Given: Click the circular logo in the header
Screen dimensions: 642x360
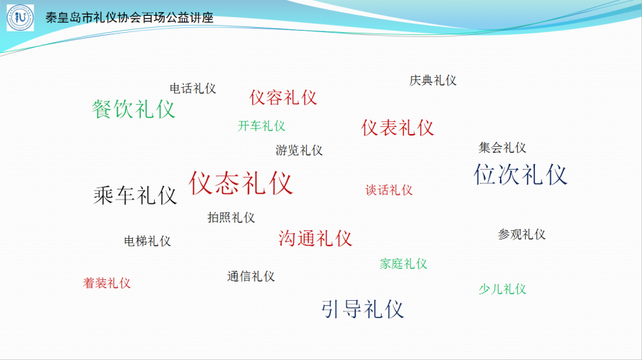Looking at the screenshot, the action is tap(20, 18).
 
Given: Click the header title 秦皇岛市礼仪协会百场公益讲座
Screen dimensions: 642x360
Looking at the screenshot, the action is tap(129, 18).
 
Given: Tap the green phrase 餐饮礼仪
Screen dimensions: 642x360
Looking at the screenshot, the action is tap(133, 109).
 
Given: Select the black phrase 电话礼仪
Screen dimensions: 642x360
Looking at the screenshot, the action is tap(193, 88).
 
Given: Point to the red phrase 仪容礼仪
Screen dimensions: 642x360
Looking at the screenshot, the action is tap(283, 98).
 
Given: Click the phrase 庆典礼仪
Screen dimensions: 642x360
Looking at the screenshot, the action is tap(433, 80).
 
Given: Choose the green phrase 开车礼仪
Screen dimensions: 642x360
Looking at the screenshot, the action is tap(261, 126).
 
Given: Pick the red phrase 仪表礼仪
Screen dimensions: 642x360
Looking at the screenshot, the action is tap(397, 128).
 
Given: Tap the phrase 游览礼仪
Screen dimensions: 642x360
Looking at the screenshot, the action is tap(299, 150).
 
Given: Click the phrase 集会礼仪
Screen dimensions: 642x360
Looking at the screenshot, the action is tap(502, 148).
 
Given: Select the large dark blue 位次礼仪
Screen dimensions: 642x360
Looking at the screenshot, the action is tap(521, 174).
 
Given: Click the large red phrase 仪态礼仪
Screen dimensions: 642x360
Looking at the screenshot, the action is tap(241, 183).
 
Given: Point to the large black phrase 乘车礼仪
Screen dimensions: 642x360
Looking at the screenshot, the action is tap(135, 195).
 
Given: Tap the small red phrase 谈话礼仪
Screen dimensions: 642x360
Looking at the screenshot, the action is tap(389, 190).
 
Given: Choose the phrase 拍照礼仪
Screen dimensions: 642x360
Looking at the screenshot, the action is tap(231, 217).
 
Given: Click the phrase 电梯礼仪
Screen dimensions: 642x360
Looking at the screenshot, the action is tap(148, 241).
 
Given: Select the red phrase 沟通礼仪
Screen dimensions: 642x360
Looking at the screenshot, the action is tap(315, 238).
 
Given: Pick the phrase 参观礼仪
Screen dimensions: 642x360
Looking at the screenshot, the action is tap(521, 235).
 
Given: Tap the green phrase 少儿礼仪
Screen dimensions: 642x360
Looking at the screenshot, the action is tap(502, 289).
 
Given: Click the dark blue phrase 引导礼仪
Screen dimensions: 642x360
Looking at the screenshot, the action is tap(363, 309).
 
